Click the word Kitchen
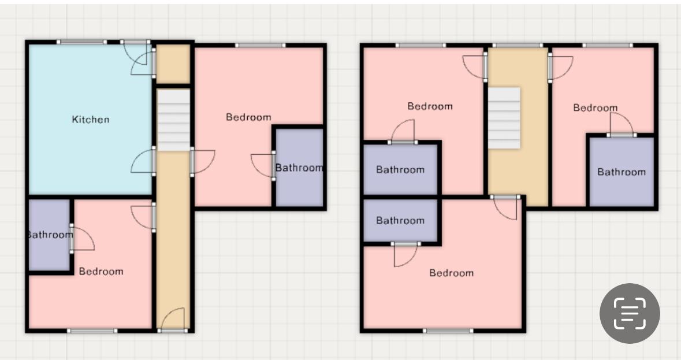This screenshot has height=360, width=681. (x=90, y=120)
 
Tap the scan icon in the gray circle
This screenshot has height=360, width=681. (x=630, y=314)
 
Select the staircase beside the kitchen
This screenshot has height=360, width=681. (x=173, y=120)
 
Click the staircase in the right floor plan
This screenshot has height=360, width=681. (x=504, y=118)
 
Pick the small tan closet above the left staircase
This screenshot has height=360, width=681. (x=173, y=64)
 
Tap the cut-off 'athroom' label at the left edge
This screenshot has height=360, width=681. (x=50, y=235)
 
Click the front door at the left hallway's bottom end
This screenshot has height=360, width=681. (x=173, y=320)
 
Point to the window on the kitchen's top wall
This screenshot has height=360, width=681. (x=81, y=42)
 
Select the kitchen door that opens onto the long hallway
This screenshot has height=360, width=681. (x=143, y=162)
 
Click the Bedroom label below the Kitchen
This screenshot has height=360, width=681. (x=101, y=272)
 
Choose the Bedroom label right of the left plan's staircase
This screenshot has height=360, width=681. (x=248, y=117)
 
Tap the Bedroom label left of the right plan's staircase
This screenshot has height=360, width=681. (x=430, y=106)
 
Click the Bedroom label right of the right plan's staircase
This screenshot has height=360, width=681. (x=596, y=107)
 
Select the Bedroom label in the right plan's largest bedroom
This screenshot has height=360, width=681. (x=452, y=273)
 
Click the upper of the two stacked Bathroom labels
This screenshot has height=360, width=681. (x=400, y=170)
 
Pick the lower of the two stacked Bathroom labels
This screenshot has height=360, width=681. (x=400, y=221)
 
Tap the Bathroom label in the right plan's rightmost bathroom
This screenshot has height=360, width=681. (x=622, y=172)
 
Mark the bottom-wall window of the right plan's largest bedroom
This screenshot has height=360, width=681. (x=449, y=331)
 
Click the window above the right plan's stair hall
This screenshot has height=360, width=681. (x=518, y=45)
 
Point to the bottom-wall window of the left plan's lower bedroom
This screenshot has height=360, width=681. (x=92, y=331)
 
